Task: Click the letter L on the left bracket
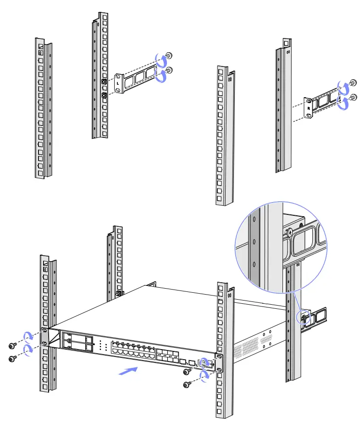(x=118, y=84)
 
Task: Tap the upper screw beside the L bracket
(x=169, y=56)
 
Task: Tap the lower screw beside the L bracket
(x=169, y=70)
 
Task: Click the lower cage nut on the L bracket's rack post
(x=104, y=96)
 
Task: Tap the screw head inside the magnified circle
(x=289, y=232)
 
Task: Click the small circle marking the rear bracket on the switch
(x=304, y=317)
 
